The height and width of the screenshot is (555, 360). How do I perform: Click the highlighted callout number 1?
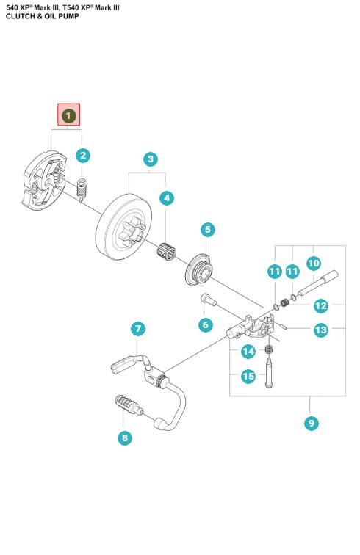tap(69, 115)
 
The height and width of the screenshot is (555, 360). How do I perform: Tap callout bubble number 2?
tap(83, 155)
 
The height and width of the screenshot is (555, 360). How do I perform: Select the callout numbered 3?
tap(151, 159)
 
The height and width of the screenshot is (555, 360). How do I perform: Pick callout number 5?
tap(208, 229)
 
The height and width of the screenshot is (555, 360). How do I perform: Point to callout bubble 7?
tap(138, 329)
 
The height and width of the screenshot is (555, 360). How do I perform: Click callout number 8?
tap(125, 438)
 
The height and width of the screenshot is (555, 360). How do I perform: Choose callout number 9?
tap(312, 423)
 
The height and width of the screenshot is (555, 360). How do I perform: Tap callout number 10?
tap(314, 264)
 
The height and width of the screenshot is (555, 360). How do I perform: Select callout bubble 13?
tap(321, 330)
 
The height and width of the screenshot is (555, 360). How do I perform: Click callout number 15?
tap(248, 376)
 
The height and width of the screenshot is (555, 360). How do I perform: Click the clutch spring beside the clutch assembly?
tap(82, 190)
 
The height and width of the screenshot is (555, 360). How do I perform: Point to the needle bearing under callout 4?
tap(167, 250)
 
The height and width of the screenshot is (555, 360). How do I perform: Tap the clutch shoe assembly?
tap(44, 181)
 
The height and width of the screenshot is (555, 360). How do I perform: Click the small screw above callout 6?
tap(209, 299)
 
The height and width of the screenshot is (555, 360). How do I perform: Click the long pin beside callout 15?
tap(270, 373)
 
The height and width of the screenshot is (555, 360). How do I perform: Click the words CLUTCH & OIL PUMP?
tap(43, 16)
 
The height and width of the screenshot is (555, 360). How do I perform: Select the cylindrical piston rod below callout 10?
tap(318, 283)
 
